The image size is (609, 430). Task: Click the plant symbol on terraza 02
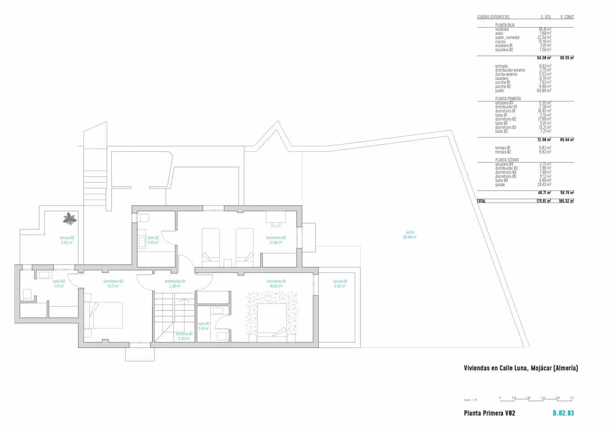tap(70, 219)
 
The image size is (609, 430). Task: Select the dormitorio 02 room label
tap(276, 240)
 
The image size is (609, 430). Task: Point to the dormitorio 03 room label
tap(113, 284)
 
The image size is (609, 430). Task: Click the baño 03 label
tap(59, 284)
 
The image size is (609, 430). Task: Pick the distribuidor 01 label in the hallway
tap(175, 284)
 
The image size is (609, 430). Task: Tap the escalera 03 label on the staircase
tap(184, 336)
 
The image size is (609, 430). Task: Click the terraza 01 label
tap(340, 284)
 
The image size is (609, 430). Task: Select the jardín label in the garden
tap(410, 235)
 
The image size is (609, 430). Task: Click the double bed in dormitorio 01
tap(271, 319)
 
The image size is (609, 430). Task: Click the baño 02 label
tap(153, 240)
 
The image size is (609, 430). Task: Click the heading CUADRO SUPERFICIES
tap(493, 17)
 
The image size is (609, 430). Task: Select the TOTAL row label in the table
tap(481, 201)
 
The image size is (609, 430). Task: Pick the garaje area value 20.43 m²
tap(544, 185)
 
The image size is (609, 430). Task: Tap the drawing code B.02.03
tap(563, 413)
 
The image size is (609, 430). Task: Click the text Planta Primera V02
tap(489, 413)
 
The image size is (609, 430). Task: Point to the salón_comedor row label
tap(507, 38)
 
